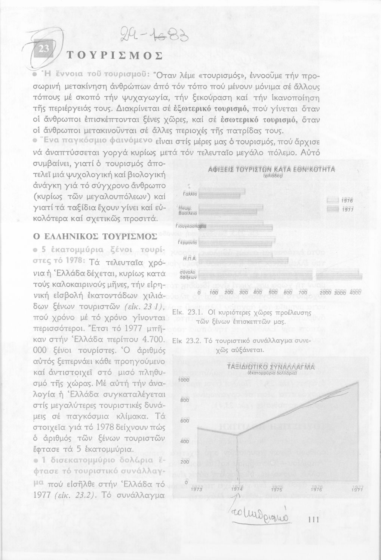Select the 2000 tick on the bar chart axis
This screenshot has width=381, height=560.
330,293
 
